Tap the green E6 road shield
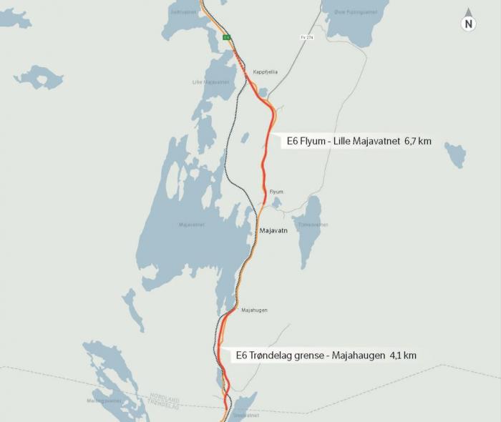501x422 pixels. [x=226, y=37]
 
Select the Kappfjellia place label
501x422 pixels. [x=266, y=72]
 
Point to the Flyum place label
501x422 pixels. [x=276, y=192]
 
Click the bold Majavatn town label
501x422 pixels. [x=273, y=231]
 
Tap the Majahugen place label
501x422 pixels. [x=254, y=310]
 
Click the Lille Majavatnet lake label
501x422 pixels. [x=210, y=82]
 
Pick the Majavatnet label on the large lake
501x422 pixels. [x=192, y=225]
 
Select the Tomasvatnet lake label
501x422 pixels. [x=313, y=225]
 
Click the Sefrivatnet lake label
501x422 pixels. [x=182, y=12]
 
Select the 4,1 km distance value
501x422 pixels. [x=402, y=355]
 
